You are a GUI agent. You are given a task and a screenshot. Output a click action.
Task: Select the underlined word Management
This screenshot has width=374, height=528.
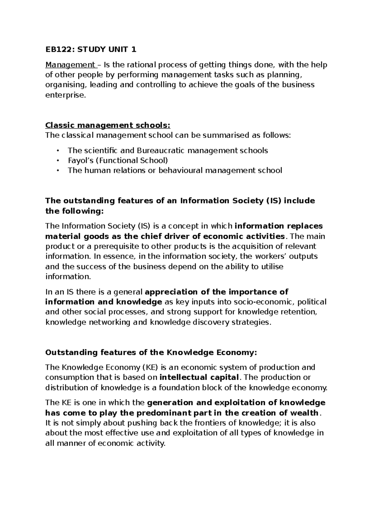click(x=70, y=65)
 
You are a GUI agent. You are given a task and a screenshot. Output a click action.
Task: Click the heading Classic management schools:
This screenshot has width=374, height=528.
click(x=108, y=125)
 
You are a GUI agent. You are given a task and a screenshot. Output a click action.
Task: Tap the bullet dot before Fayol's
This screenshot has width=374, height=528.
click(x=58, y=161)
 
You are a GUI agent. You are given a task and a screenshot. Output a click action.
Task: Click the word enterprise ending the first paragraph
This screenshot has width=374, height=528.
click(x=65, y=95)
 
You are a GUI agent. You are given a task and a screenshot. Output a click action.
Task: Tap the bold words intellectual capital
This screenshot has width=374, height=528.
click(x=199, y=377)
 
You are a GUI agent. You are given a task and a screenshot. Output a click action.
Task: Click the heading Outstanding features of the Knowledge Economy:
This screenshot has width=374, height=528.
click(x=151, y=352)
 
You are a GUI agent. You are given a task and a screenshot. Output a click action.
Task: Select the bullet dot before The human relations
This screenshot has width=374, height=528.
click(x=58, y=171)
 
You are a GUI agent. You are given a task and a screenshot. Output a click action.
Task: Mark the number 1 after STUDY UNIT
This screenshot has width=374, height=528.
click(x=134, y=49)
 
